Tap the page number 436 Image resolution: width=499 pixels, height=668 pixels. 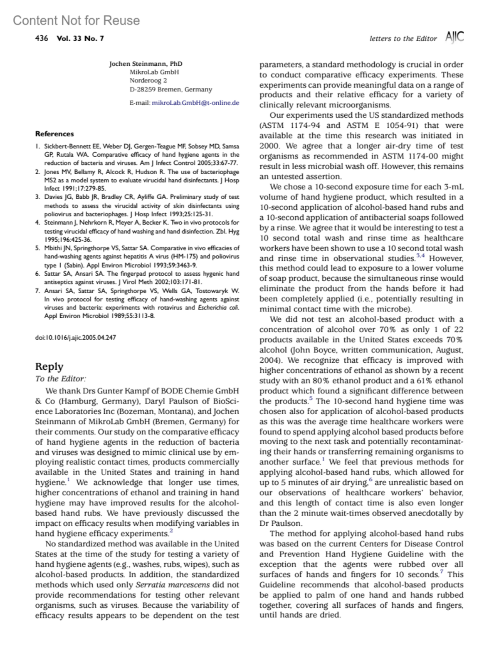41,39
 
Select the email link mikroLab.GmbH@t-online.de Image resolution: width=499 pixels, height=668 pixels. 195,103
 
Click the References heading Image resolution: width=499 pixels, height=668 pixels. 54,134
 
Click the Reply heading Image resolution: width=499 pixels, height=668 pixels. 49,366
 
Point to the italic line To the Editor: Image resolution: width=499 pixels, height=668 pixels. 60,379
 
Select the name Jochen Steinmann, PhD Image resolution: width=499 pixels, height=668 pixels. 146,64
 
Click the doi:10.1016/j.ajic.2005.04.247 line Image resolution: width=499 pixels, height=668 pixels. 75,337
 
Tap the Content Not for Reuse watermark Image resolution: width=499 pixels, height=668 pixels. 76,20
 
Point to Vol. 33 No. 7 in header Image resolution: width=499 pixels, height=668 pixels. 80,39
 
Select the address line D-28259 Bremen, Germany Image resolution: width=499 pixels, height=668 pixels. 170,89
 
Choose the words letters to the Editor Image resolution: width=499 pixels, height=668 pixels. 403,39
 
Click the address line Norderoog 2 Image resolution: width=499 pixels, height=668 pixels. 148,80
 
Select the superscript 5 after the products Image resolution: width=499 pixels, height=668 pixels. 311,398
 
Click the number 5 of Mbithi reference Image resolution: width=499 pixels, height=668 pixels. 37,248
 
